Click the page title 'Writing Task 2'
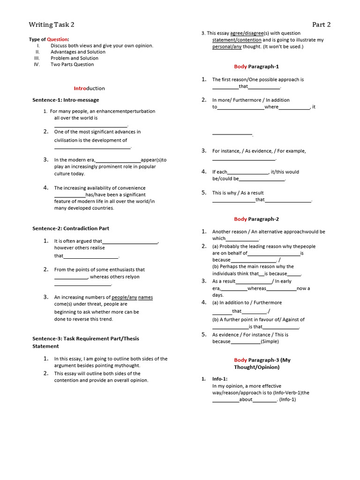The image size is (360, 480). coord(51,25)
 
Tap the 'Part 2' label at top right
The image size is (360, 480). coord(322,25)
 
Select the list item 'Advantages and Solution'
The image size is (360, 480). coord(78,52)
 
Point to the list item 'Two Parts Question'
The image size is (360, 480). coord(72,65)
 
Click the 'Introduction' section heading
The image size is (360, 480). coord(89,88)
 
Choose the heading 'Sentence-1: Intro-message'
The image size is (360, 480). coord(66,100)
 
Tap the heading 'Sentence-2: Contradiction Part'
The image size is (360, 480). coord(70,228)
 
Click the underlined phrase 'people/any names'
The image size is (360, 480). coord(132,297)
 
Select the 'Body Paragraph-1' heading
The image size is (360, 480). coord(256,67)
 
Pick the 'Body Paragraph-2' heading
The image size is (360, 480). coord(256,219)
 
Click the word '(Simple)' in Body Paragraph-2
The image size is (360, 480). coord(270,341)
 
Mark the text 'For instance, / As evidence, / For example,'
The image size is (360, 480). coord(259,151)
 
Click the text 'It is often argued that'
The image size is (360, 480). coord(78,241)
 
